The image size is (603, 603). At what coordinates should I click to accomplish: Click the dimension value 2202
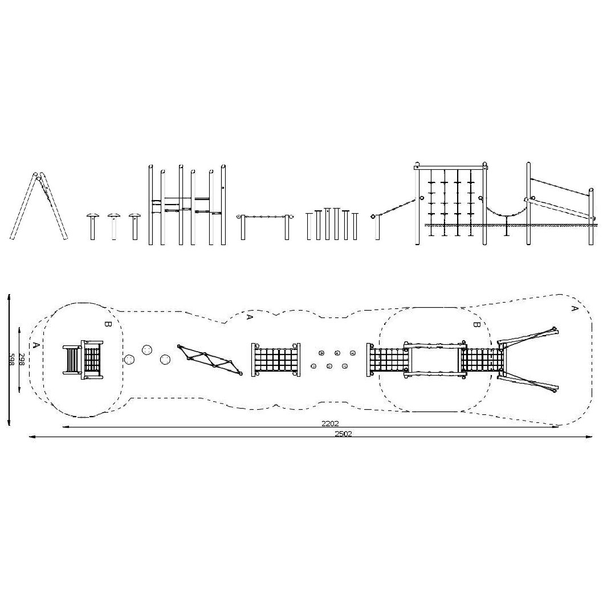[x=330, y=423]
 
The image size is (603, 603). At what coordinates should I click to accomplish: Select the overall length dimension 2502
[x=343, y=433]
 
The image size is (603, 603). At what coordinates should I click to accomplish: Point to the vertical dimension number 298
[x=22, y=360]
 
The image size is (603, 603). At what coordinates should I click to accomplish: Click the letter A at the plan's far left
[x=36, y=345]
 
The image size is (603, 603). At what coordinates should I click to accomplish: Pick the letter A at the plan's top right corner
[x=574, y=308]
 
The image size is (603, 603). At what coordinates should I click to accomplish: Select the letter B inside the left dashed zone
[x=107, y=324]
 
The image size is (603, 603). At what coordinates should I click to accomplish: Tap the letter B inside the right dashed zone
[x=476, y=324]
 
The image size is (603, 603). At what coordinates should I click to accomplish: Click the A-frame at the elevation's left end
[x=39, y=206]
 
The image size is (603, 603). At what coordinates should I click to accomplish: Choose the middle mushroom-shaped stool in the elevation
[x=114, y=226]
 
